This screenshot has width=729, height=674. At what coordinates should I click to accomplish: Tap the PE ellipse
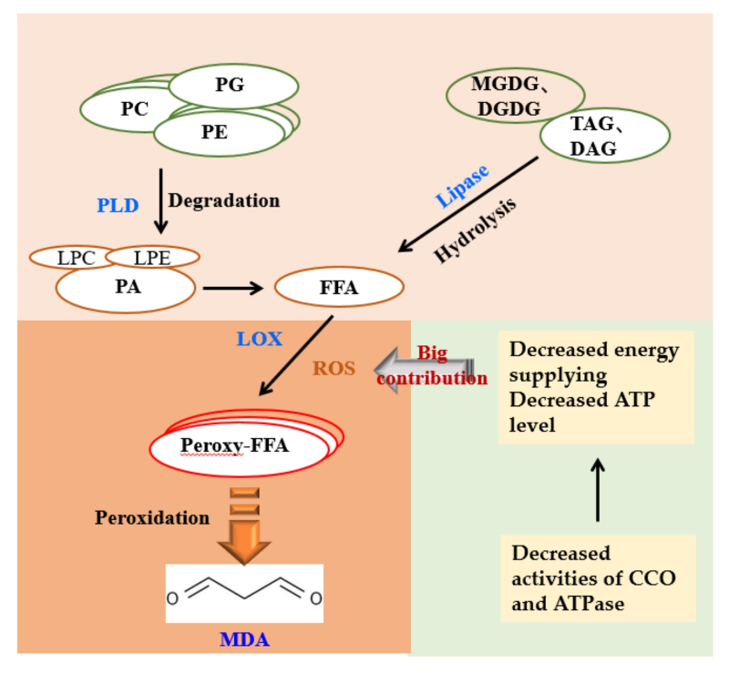[217, 132]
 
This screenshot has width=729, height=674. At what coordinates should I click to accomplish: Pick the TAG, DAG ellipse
[604, 136]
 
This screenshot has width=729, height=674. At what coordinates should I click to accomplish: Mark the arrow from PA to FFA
[233, 289]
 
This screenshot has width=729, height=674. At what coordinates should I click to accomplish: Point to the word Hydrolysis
[475, 230]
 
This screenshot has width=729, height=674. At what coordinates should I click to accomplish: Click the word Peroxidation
[152, 517]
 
